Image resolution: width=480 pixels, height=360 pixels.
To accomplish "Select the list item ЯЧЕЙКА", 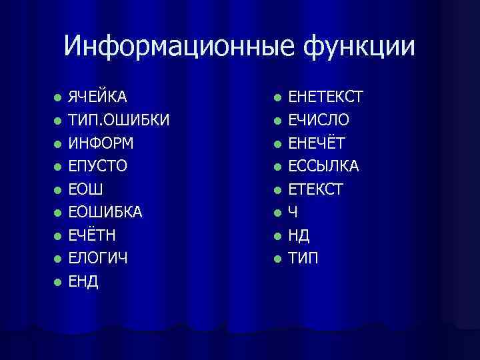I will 98,97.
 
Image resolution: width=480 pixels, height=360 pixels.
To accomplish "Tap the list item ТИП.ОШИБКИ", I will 119,121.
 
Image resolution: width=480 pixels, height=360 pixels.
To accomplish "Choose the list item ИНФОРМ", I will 101,143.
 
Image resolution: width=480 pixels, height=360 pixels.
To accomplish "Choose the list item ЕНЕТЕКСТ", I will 325,97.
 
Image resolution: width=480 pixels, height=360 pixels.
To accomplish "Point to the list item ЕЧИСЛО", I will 318,121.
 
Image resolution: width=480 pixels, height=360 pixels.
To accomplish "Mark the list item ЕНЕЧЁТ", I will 317,143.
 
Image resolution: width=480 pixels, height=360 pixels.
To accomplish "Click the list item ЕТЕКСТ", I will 315,189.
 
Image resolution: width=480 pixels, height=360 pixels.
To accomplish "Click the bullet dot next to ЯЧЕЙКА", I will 59,98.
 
